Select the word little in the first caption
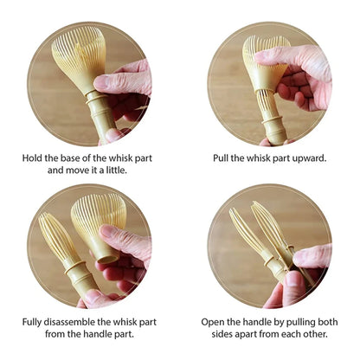tap(117, 170)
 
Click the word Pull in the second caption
tap(220, 158)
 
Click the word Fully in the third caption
tap(32, 322)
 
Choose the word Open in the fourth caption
tap(210, 322)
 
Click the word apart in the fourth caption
tap(246, 335)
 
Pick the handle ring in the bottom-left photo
tap(75, 267)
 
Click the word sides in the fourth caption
tap(222, 335)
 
